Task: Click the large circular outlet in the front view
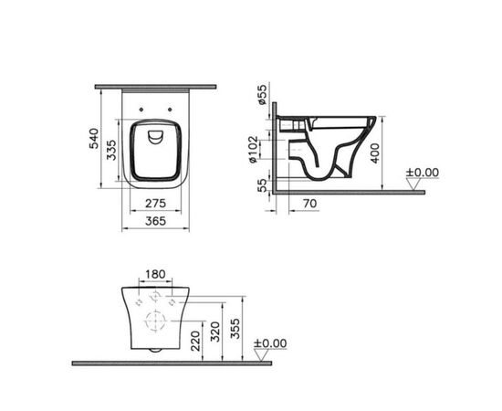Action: point(153,321)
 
